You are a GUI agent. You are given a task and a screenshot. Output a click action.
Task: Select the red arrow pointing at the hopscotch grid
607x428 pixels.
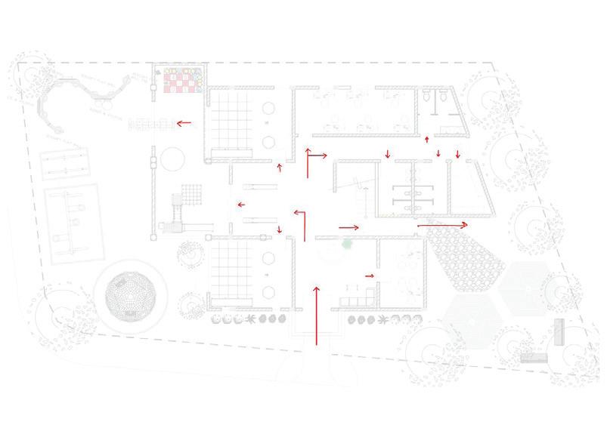(184, 122)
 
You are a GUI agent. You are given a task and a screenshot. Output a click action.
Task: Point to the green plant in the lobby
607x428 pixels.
(347, 245)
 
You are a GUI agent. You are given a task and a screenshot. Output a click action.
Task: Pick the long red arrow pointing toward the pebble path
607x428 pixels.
(443, 224)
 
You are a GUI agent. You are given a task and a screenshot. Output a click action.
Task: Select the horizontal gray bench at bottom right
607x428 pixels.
(534, 357)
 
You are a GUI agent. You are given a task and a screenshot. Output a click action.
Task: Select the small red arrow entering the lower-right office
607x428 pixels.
(370, 276)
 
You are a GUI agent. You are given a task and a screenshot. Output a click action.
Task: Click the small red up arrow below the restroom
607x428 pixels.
(427, 139)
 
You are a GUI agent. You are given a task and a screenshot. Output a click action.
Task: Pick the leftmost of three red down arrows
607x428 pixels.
(388, 155)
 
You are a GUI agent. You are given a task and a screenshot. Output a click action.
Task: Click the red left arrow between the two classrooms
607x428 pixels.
(240, 204)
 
